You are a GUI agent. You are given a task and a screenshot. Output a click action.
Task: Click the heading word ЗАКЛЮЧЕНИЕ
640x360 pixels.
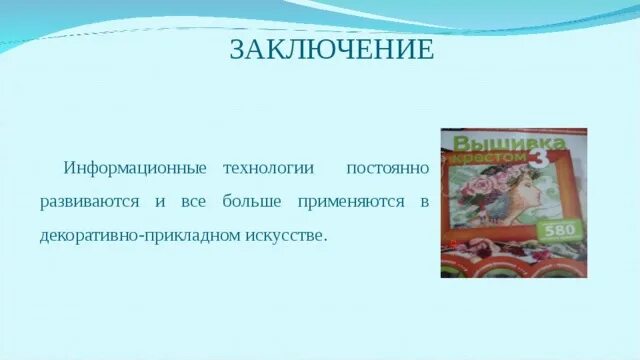pyautogui.click(x=332, y=50)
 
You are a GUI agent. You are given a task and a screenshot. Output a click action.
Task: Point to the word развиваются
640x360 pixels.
pyautogui.click(x=89, y=202)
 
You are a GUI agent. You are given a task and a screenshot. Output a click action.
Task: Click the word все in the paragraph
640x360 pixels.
pyautogui.click(x=193, y=202)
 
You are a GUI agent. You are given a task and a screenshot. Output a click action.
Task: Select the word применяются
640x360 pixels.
pyautogui.click(x=351, y=202)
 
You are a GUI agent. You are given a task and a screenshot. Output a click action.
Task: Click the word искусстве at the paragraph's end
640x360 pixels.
pyautogui.click(x=289, y=237)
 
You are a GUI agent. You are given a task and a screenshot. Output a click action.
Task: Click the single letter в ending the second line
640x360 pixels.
pyautogui.click(x=424, y=202)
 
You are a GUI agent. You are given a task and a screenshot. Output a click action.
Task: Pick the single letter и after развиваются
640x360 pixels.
pyautogui.click(x=160, y=202)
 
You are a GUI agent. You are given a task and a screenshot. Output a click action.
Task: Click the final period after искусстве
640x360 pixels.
pyautogui.click(x=325, y=240)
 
